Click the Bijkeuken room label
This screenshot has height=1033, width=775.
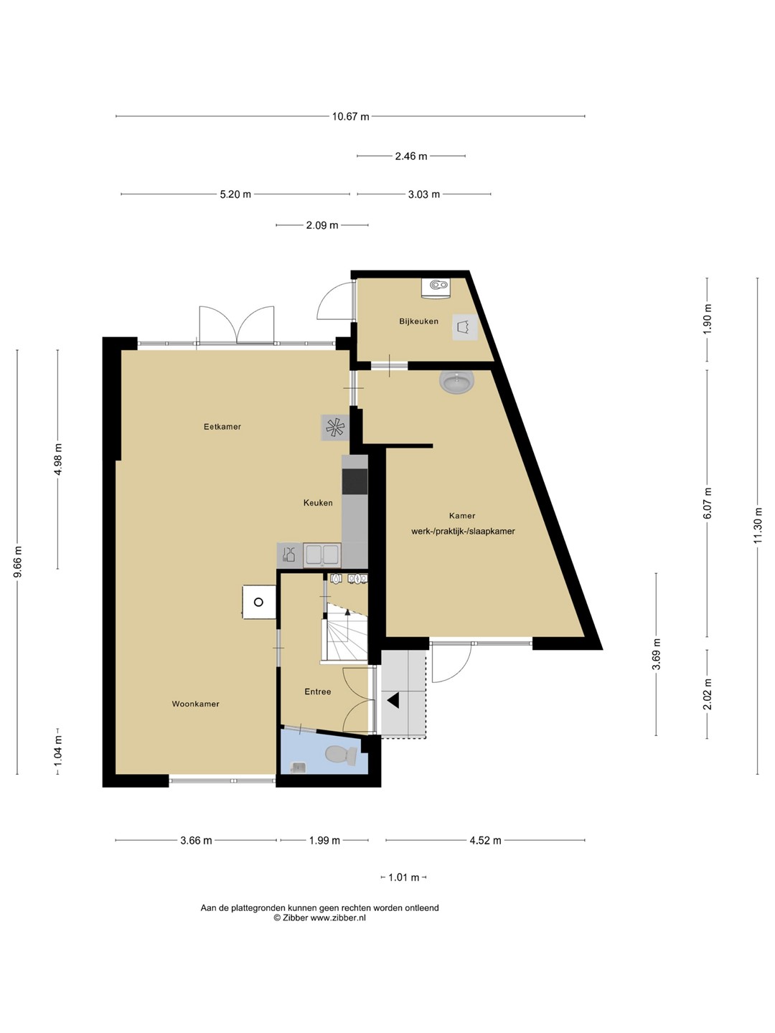tap(418, 321)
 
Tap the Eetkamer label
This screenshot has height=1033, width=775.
tap(222, 427)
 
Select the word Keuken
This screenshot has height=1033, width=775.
tap(318, 503)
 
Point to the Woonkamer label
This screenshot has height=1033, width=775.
tap(195, 704)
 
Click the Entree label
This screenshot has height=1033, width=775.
tap(318, 692)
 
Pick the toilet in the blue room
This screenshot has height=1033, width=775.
tap(341, 755)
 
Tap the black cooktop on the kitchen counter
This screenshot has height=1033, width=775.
tap(354, 481)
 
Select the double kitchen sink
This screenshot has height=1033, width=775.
tap(322, 555)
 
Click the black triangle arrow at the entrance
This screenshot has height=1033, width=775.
tap(393, 701)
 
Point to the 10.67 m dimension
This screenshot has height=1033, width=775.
tap(351, 117)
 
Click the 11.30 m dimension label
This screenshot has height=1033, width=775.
tap(757, 526)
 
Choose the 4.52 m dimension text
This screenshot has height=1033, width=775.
tap(485, 841)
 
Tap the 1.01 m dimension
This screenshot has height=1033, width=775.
tap(403, 877)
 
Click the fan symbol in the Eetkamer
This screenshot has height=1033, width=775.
tap(335, 428)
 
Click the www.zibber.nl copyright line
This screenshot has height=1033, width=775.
tap(319, 918)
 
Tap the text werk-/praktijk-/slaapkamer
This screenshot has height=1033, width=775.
tap(463, 532)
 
